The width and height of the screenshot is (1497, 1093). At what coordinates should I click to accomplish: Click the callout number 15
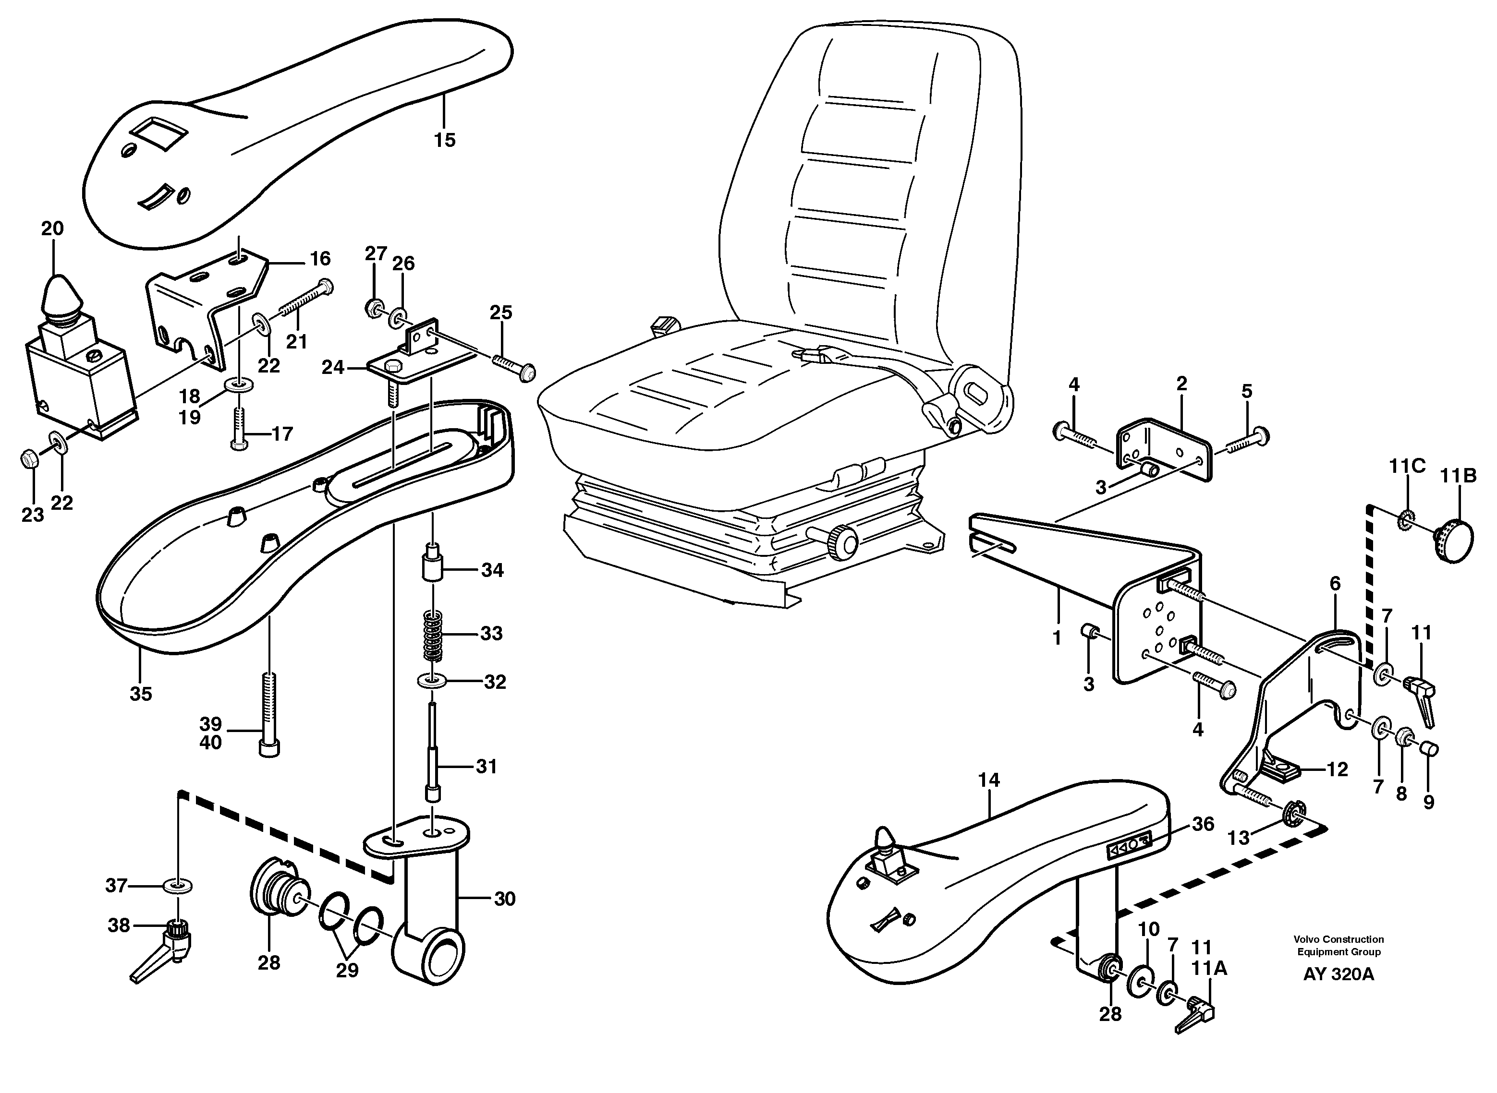click(x=445, y=140)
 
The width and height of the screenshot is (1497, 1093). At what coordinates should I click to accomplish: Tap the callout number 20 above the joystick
click(x=52, y=229)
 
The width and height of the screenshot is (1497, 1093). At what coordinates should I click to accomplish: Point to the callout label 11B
click(x=1459, y=476)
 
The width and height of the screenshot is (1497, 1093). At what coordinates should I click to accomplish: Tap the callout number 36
click(x=1203, y=824)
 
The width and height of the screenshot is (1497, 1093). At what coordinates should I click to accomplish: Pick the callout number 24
click(x=333, y=367)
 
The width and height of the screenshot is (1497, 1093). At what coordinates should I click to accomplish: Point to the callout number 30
click(x=505, y=899)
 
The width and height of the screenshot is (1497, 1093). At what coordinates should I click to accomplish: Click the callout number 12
click(x=1337, y=769)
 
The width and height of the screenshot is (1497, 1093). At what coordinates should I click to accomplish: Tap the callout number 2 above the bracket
click(x=1181, y=383)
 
